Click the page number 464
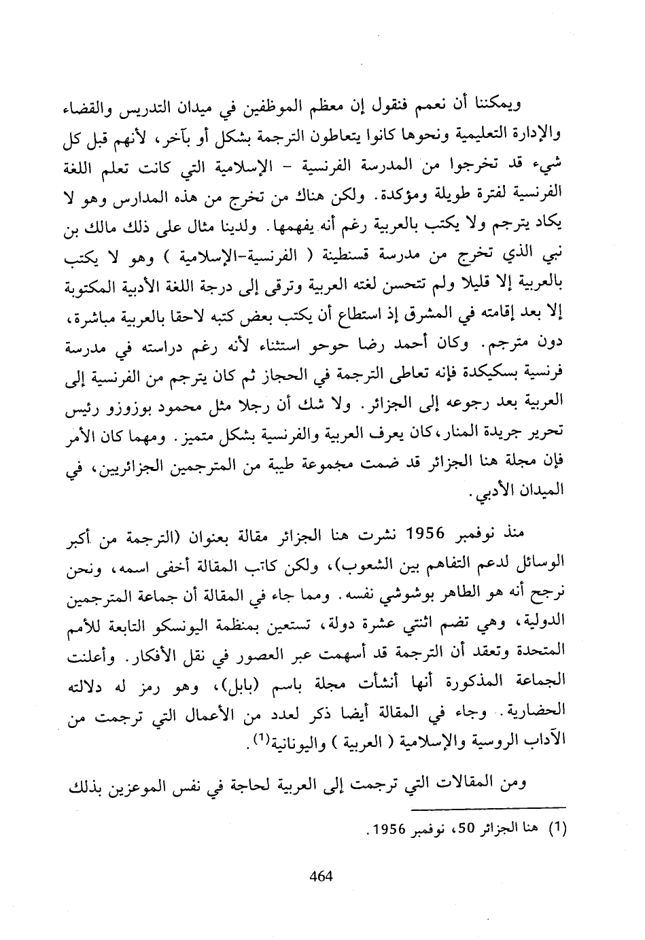click(320, 875)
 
